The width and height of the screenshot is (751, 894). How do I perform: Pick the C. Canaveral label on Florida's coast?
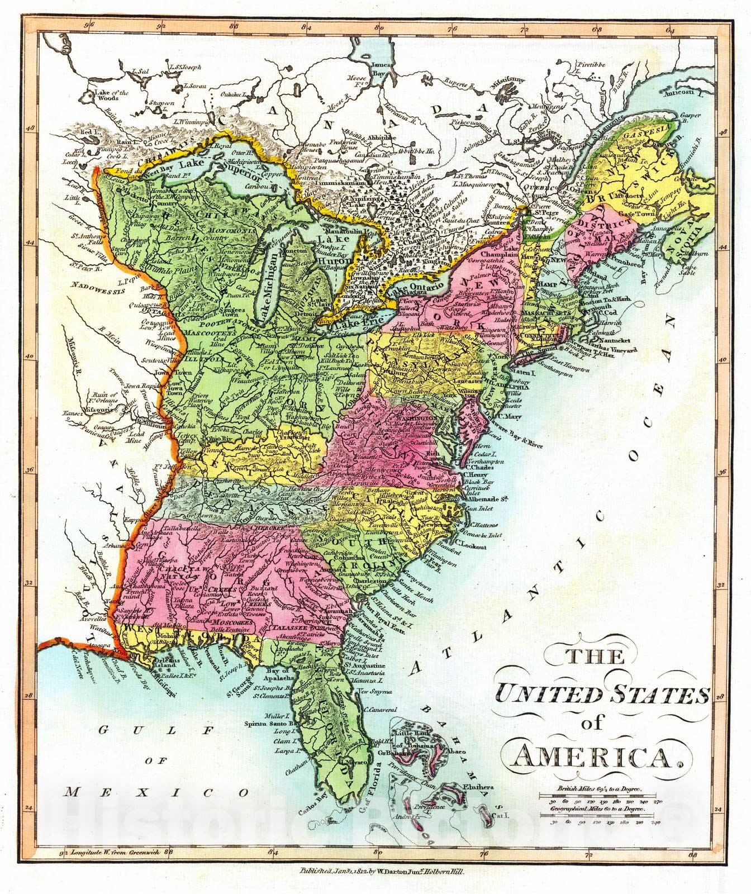[384, 710]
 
